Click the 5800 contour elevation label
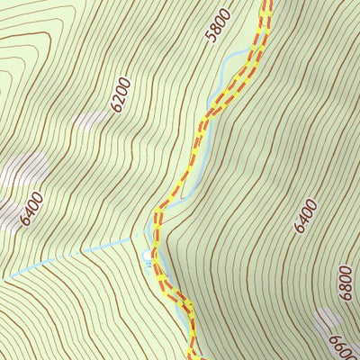pos(219,25)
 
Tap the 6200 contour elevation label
pos(121,94)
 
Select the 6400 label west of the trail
pos(31,209)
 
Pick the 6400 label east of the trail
pos(306,216)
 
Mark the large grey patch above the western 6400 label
pos(25,171)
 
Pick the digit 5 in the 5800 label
pos(212,38)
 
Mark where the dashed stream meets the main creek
pos(147,236)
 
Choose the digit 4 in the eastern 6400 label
pos(303,220)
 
